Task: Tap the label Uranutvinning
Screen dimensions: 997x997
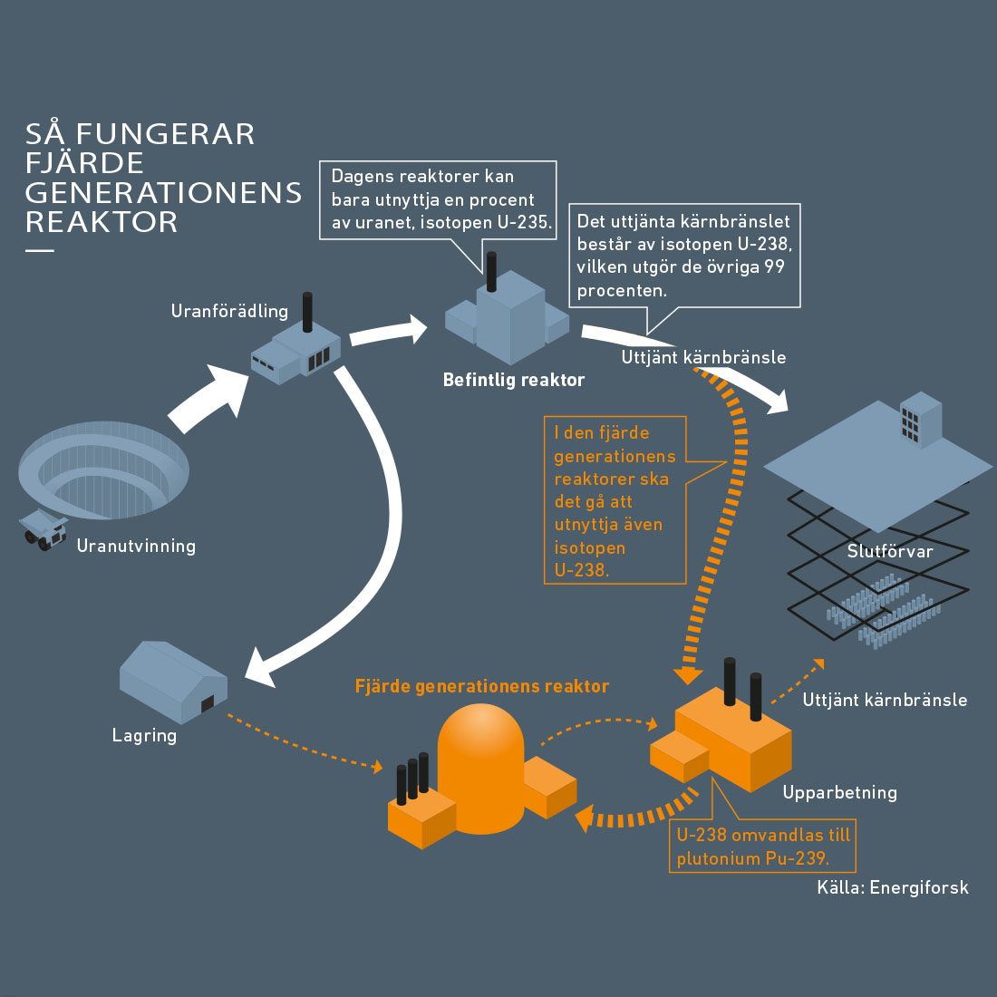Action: click(x=136, y=546)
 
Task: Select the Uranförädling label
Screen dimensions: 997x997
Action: click(x=229, y=311)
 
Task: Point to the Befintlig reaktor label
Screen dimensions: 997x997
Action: click(x=513, y=380)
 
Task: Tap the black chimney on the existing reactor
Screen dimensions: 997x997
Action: click(x=491, y=271)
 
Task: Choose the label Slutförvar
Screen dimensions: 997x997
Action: click(x=889, y=551)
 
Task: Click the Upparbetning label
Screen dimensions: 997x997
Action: click(x=839, y=792)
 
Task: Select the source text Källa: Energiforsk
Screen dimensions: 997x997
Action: click(x=892, y=887)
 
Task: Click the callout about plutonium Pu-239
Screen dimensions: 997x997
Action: click(x=763, y=847)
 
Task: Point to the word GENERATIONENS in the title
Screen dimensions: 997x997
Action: click(x=163, y=192)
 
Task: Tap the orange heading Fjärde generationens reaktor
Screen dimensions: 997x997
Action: click(x=481, y=686)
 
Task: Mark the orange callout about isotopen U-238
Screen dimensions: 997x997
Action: click(x=614, y=500)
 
